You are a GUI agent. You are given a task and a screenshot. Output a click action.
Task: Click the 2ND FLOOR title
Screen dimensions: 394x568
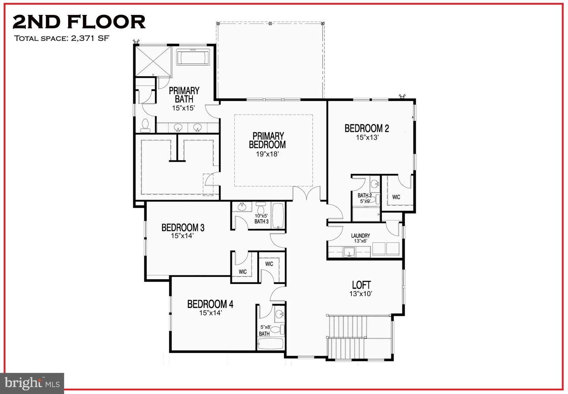point(79,22)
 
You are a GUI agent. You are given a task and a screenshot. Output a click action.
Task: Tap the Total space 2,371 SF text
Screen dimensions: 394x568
point(62,38)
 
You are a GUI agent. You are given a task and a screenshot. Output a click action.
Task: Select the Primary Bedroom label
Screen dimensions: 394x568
point(267,140)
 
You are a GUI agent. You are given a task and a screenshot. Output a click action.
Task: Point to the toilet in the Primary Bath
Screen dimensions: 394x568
point(145,125)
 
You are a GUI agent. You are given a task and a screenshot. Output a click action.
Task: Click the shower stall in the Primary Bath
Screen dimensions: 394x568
point(153,62)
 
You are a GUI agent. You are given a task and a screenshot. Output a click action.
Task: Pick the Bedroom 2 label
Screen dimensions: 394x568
point(366,128)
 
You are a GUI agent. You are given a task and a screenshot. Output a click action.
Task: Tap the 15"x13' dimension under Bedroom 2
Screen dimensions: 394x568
point(367,138)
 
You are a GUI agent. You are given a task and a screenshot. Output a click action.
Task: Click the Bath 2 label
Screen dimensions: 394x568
point(364,195)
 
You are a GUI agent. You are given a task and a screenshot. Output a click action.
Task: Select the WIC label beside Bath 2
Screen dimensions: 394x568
point(396,197)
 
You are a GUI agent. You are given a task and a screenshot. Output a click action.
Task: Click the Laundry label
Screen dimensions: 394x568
point(361,235)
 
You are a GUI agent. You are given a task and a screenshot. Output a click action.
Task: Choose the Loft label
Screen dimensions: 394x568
point(361,285)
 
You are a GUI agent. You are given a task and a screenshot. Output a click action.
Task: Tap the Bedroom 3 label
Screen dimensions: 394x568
point(183,228)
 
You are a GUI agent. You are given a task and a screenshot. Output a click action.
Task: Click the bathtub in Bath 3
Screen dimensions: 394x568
point(278,215)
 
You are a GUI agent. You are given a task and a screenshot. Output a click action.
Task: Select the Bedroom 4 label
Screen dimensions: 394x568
point(210,304)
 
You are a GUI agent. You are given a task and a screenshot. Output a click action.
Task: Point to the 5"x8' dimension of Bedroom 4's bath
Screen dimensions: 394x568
point(265,327)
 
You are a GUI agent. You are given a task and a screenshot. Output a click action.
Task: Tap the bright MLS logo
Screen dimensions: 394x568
point(32,383)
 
